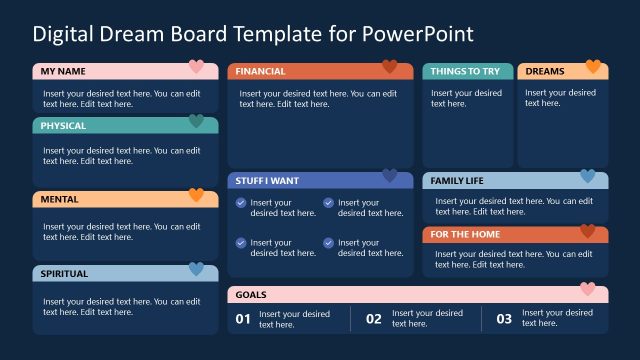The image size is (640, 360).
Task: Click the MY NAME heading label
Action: [x=62, y=71]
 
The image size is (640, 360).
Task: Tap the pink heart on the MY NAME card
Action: [x=196, y=67]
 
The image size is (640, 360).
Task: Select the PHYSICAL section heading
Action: [x=63, y=126]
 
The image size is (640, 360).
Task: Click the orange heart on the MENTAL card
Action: [x=196, y=196]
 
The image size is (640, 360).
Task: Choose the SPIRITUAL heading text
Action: [x=64, y=273]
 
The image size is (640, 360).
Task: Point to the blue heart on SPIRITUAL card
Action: [x=196, y=269]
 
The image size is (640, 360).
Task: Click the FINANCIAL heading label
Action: [x=260, y=71]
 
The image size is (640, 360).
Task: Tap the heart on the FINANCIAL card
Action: [x=390, y=67]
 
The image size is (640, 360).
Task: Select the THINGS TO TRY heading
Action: [x=464, y=71]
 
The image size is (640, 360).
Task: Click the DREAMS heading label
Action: [x=545, y=71]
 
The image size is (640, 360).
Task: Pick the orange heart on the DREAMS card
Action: [x=593, y=67]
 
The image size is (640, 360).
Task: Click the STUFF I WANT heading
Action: [x=267, y=181]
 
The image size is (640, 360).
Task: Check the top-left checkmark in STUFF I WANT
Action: [x=241, y=203]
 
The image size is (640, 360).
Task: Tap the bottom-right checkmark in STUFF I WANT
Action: [x=328, y=243]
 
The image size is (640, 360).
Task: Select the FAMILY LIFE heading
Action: [x=457, y=181]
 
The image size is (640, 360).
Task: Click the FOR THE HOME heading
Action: [x=465, y=234]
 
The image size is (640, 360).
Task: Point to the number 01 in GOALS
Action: [x=242, y=319]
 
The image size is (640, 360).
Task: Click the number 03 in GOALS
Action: [x=504, y=319]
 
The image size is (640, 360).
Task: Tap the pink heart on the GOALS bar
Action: [x=588, y=290]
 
